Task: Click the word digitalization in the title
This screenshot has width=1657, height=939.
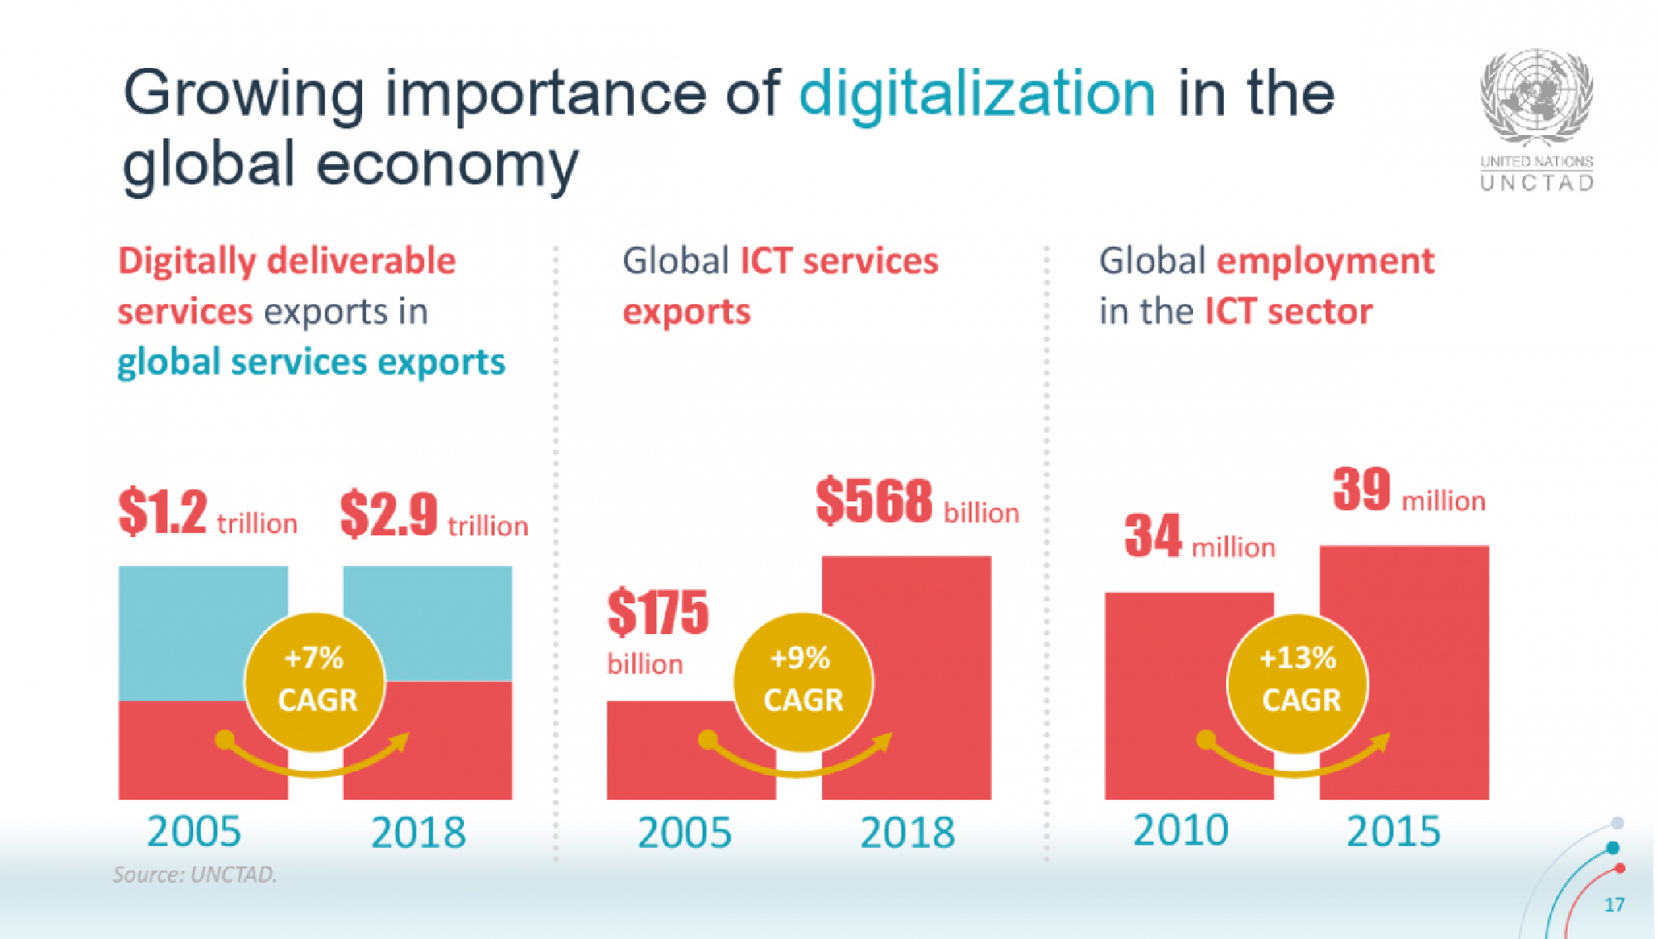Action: pos(977,94)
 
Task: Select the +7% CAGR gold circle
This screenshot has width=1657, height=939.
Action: pos(316,681)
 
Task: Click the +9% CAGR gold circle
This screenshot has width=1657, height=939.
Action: pos(803,681)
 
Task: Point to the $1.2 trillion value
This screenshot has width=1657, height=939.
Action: pos(207,513)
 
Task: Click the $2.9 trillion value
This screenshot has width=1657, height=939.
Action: pos(433,515)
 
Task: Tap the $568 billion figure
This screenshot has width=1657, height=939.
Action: pos(916,502)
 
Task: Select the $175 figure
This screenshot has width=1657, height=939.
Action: pos(658,613)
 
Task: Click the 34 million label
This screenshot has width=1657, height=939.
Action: pos(1199,537)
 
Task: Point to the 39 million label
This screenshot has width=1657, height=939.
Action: pos(1408,491)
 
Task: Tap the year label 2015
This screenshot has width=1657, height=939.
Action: pos(1394,831)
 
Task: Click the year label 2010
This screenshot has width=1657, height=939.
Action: pos(1181,830)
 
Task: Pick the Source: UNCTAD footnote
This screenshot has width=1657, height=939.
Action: pos(195,875)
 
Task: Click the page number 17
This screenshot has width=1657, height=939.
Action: pos(1614,905)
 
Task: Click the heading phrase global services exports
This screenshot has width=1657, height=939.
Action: pos(311,363)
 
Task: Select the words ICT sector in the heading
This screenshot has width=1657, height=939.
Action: pos(1288,312)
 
